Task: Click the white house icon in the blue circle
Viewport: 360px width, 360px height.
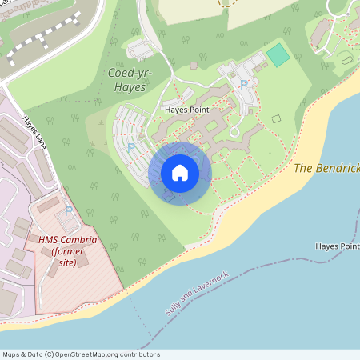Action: pos(180,173)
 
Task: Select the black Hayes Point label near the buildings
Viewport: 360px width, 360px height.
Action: pos(186,110)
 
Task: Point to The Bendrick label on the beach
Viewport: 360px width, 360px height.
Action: pos(326,168)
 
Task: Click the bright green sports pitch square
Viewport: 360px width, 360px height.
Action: pos(278,55)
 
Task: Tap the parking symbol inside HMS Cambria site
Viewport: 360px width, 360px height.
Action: pos(69,210)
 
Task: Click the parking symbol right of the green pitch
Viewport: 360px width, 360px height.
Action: pos(244,83)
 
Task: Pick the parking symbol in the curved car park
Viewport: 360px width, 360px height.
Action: pos(130,146)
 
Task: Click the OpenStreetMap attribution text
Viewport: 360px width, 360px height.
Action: pos(80,354)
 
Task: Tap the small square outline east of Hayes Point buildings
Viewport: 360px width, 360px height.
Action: pos(276,118)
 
